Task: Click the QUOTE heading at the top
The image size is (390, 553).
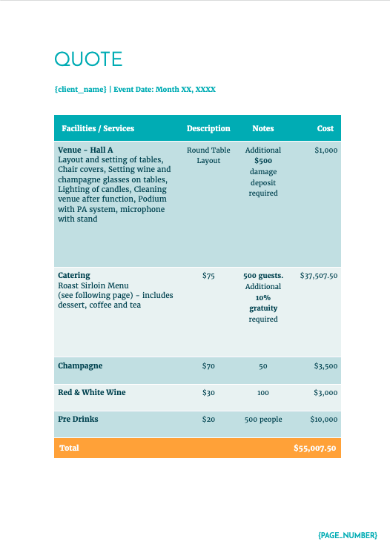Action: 88,59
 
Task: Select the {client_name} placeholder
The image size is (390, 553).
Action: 80,90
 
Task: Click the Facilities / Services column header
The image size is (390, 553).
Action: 98,128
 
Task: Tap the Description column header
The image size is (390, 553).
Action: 208,128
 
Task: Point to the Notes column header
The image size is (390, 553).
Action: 263,128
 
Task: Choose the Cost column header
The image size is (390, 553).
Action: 325,128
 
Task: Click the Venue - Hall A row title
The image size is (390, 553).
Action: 85,150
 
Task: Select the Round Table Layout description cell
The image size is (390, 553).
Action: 208,155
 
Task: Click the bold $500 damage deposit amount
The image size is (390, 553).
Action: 263,160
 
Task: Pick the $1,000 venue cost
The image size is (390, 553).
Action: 325,150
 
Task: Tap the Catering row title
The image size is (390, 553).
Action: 74,275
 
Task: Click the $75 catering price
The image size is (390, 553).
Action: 208,276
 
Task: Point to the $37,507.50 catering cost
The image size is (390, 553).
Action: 319,276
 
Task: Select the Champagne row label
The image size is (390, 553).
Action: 80,365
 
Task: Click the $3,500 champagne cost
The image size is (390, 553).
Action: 325,366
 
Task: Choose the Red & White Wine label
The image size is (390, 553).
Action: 92,392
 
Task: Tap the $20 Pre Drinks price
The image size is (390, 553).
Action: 208,420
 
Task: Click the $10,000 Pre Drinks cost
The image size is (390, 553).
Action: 324,420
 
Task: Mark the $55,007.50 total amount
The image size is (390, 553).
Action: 315,448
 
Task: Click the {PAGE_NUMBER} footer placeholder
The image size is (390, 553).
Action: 348,534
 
